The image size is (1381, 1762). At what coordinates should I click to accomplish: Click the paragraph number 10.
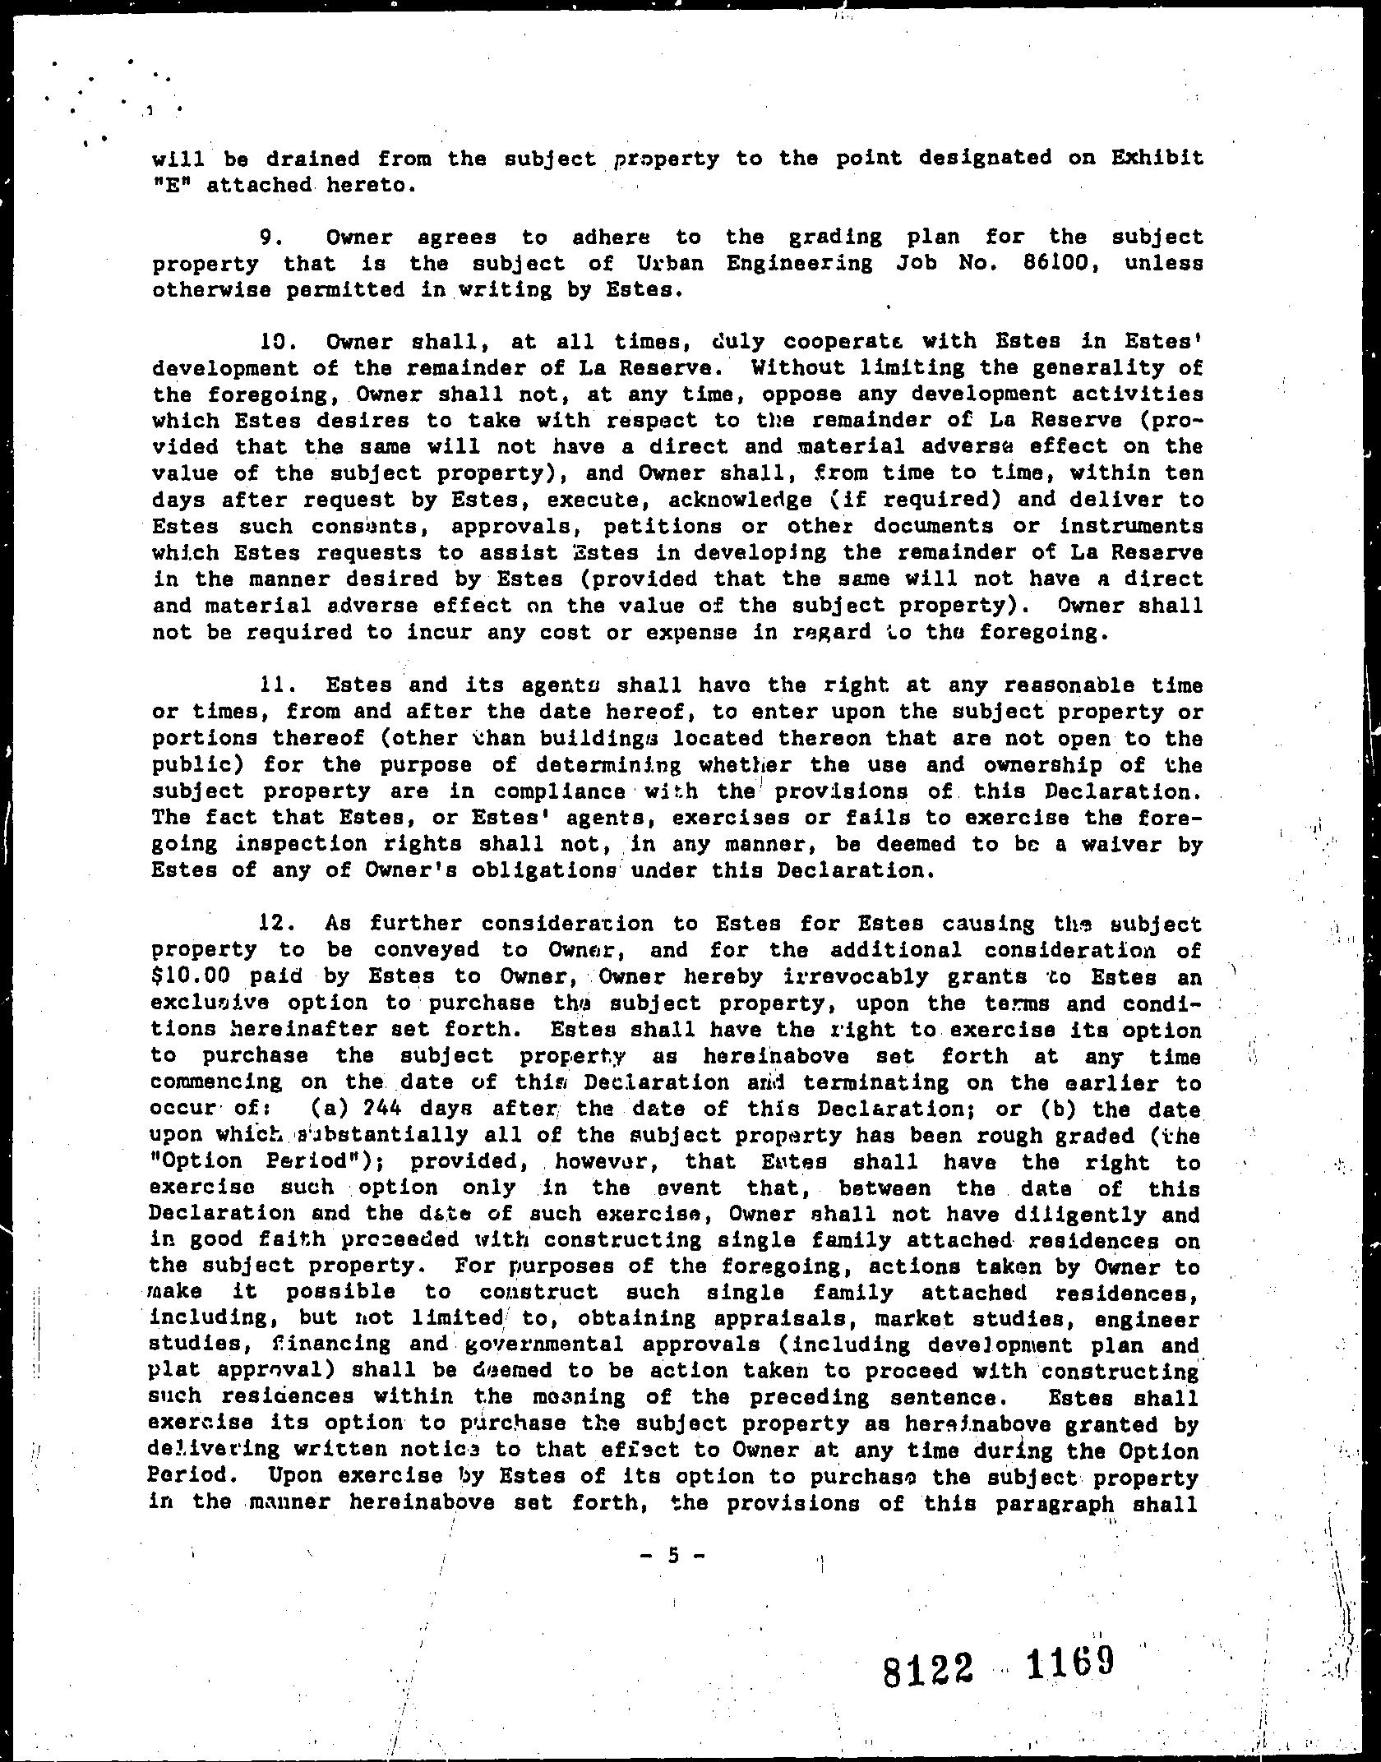[271, 341]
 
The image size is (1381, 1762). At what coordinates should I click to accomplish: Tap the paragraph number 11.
[271, 685]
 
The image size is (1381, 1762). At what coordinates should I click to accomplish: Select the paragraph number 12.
[271, 924]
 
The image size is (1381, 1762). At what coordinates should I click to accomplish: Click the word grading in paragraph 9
[834, 238]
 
